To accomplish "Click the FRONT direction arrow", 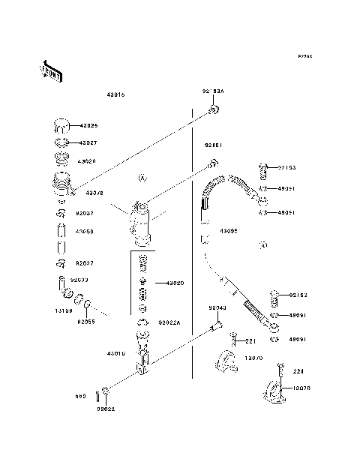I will (x=46, y=71).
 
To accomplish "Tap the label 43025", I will (x=89, y=126).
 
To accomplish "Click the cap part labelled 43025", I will (x=59, y=124).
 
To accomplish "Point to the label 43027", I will (x=89, y=142).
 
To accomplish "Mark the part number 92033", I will (x=79, y=279).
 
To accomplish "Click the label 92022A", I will (x=169, y=323).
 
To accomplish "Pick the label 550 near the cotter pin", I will (x=79, y=395).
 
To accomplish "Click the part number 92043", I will (x=217, y=308).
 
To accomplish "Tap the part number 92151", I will (x=213, y=144).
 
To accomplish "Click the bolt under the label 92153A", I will (x=214, y=110).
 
